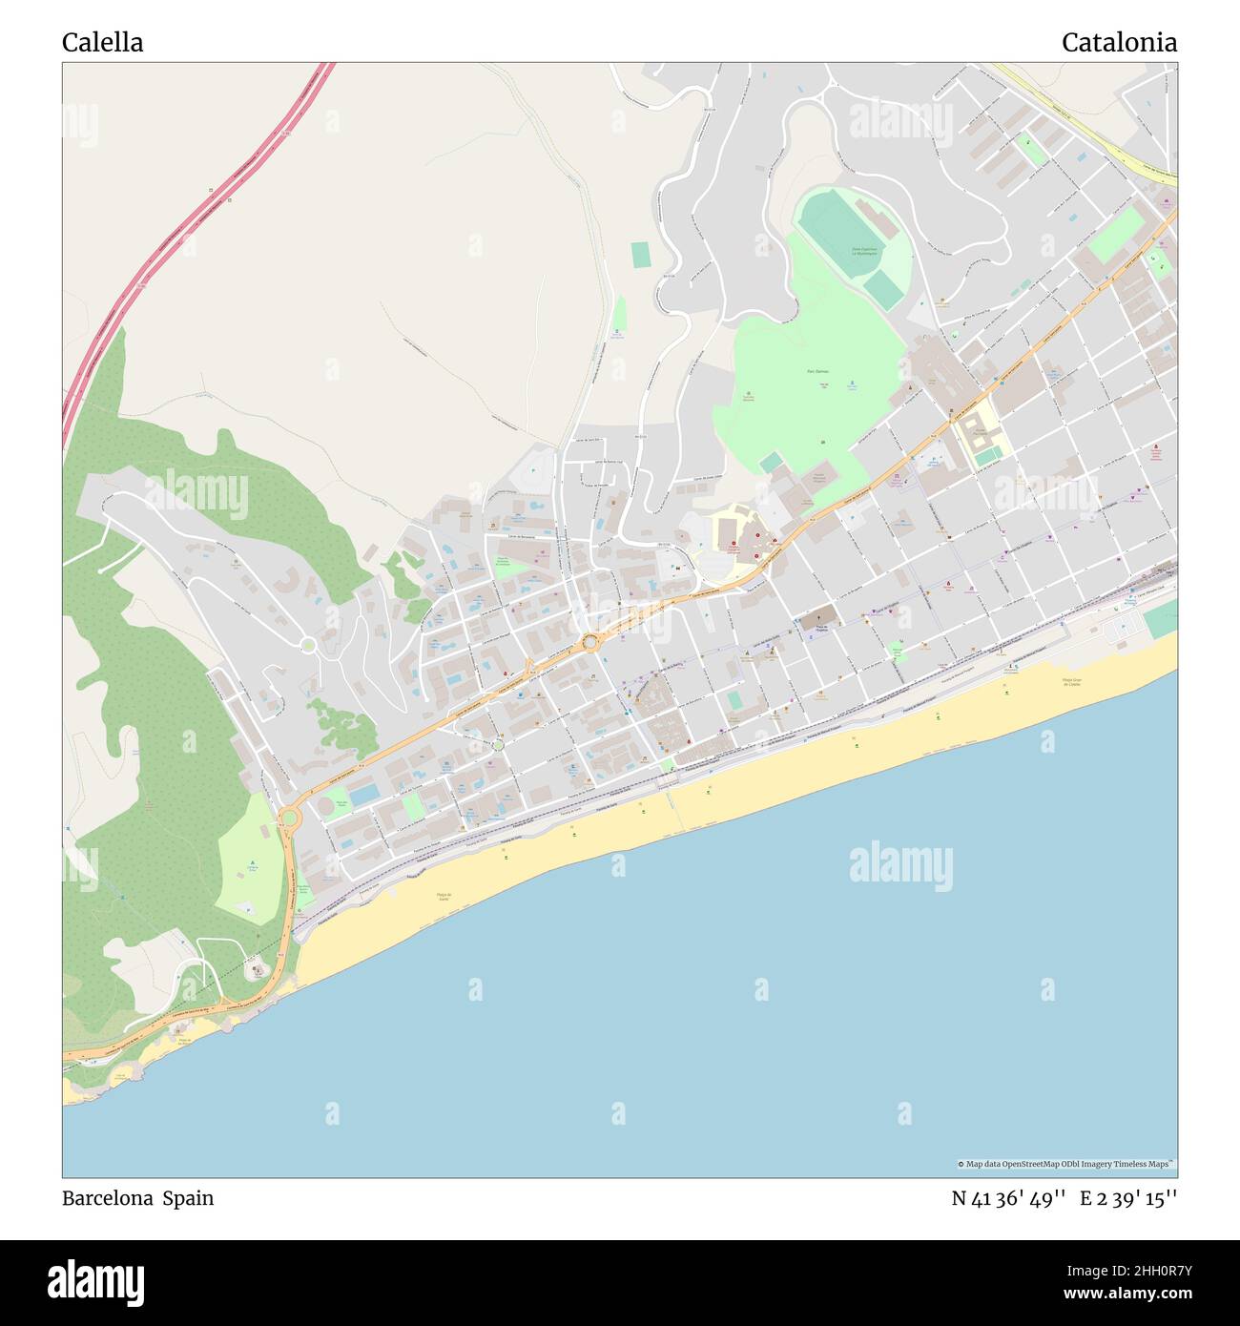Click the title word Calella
pos(103,42)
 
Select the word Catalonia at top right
pos(1119,42)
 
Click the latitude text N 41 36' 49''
pos(1008,1198)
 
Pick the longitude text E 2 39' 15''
pos(1128,1198)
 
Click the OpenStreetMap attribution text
pos(1066,1164)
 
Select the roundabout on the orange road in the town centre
pos(591,642)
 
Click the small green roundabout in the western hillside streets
pos(308,646)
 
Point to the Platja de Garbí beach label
pos(443,896)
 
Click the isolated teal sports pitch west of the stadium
pos(639,255)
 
